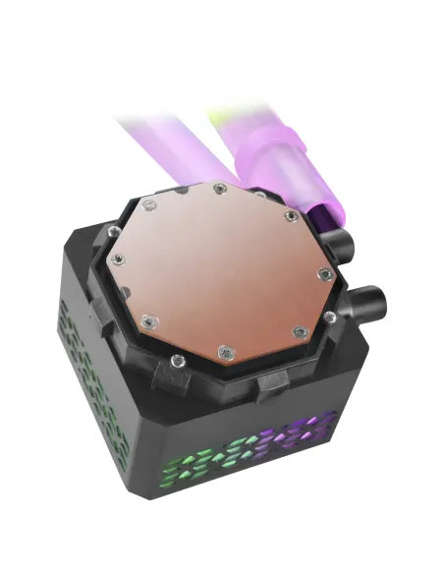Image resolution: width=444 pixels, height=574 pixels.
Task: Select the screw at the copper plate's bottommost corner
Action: tap(224, 349)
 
